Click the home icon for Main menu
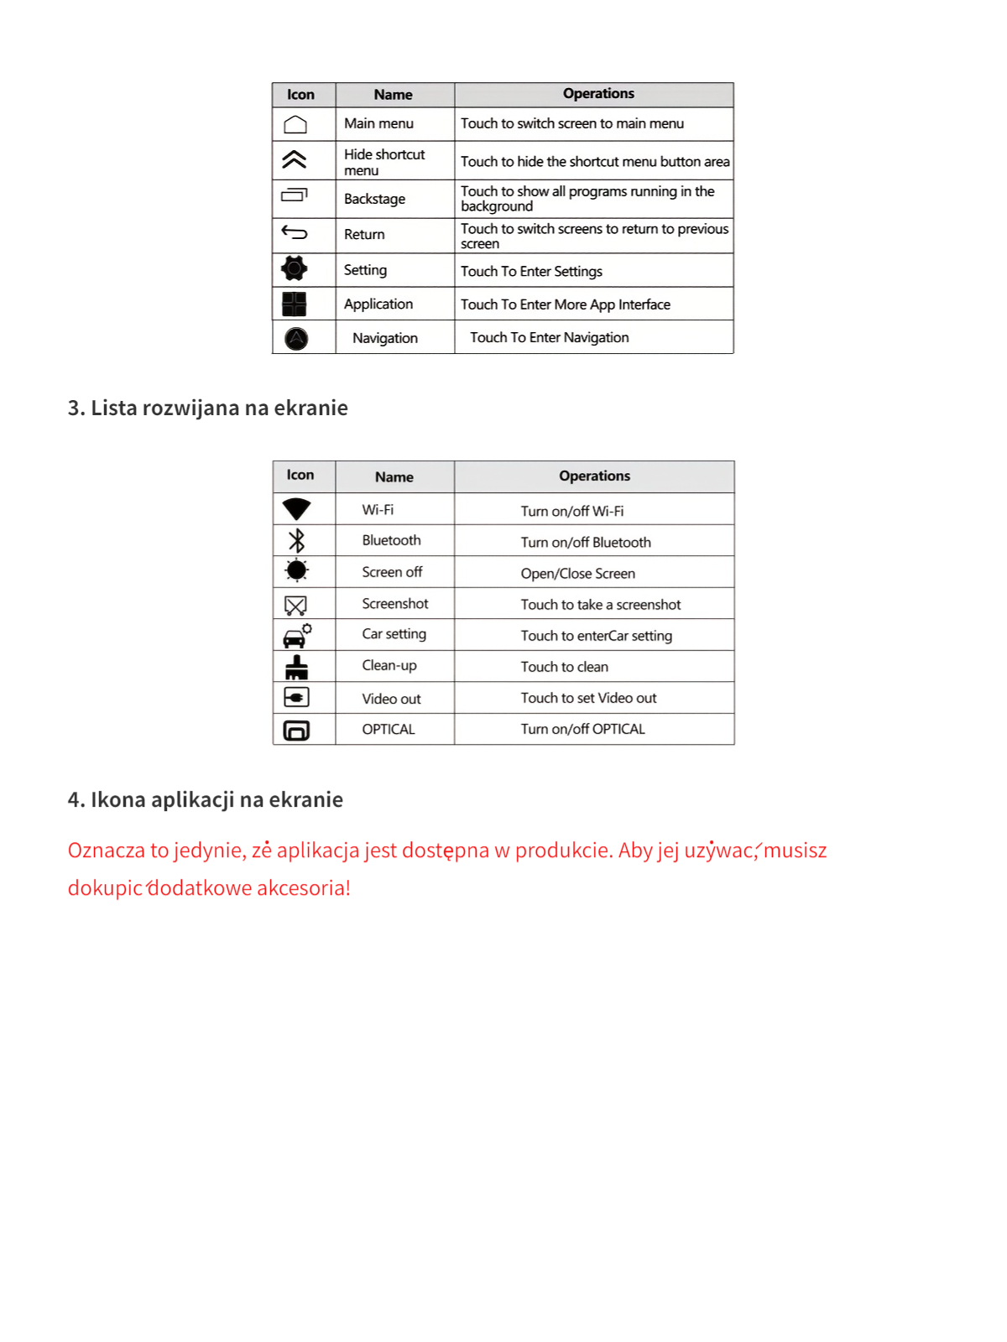click(295, 125)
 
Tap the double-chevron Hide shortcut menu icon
click(295, 159)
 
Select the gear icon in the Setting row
click(295, 268)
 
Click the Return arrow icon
click(295, 232)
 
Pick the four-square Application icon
click(295, 304)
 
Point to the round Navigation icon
click(296, 338)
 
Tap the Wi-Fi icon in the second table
click(297, 509)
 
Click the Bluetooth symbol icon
click(296, 540)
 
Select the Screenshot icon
click(295, 605)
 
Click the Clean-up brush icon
click(296, 668)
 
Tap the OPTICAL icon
click(296, 731)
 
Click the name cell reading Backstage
click(374, 199)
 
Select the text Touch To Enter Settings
click(531, 272)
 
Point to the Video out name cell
click(391, 699)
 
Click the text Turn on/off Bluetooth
click(586, 543)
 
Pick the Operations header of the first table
click(598, 94)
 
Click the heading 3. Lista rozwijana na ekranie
click(207, 408)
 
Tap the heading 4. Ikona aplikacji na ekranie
click(205, 799)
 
